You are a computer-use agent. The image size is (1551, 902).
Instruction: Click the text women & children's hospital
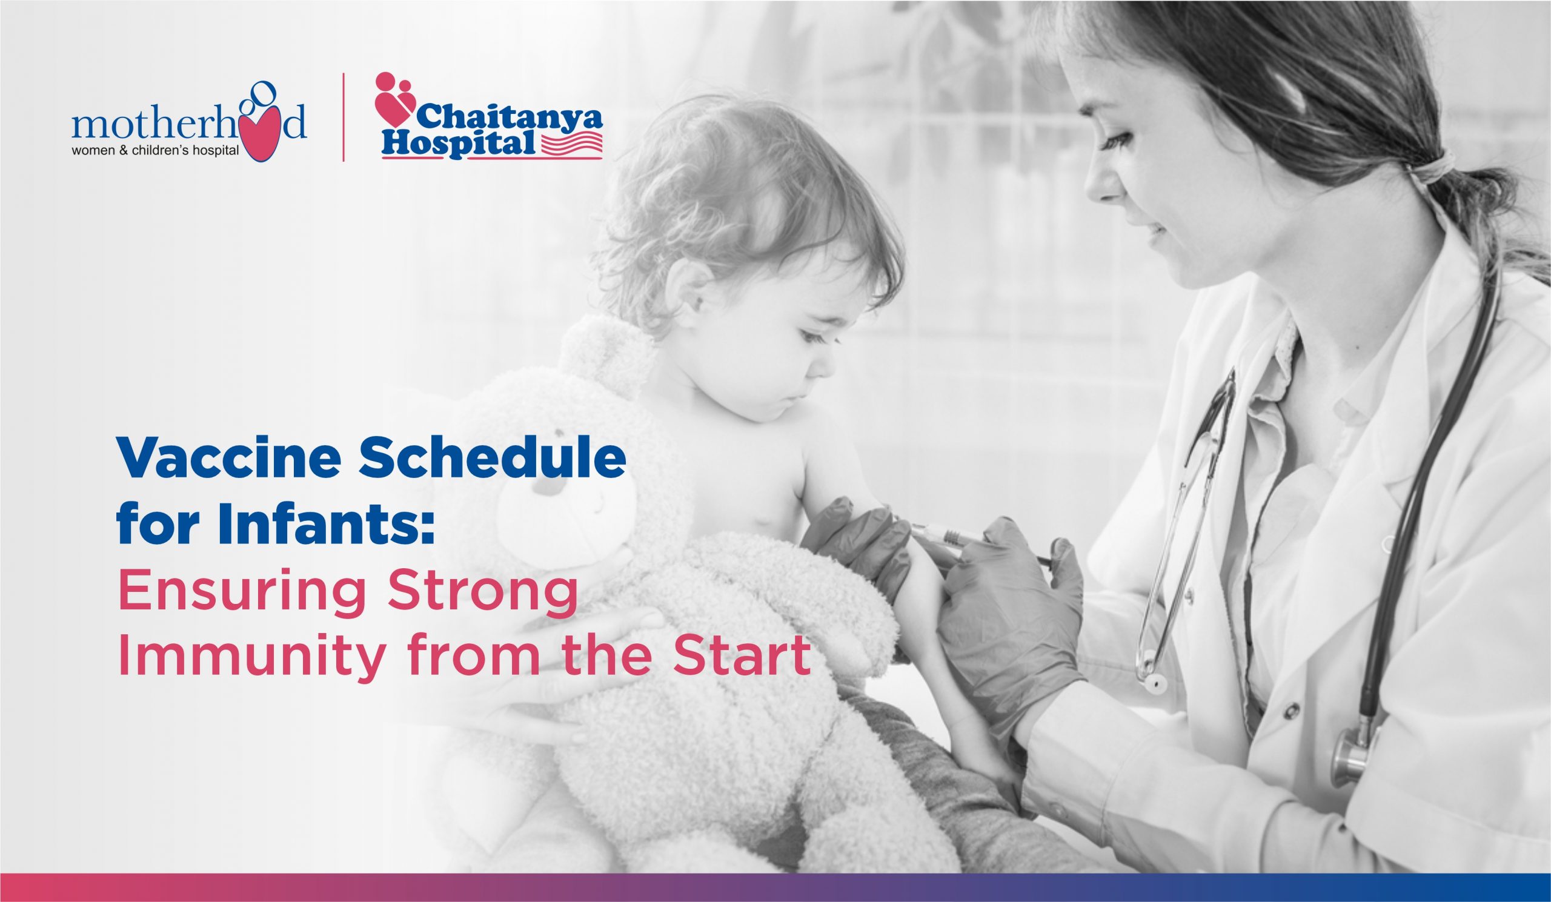pyautogui.click(x=155, y=151)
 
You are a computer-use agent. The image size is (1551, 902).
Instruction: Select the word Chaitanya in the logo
pyautogui.click(x=510, y=117)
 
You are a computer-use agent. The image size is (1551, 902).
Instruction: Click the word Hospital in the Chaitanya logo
pyautogui.click(x=458, y=143)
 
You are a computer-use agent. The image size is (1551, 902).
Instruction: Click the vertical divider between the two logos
pyautogui.click(x=344, y=117)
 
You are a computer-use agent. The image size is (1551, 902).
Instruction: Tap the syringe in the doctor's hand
pyautogui.click(x=978, y=542)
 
